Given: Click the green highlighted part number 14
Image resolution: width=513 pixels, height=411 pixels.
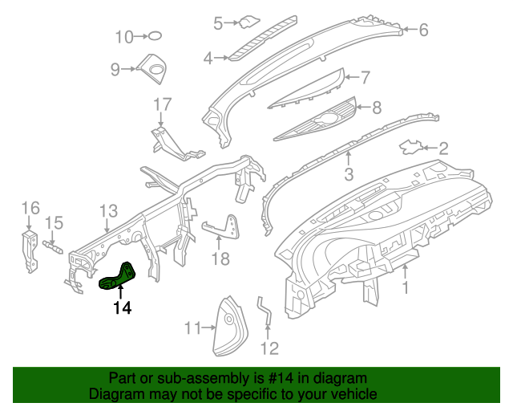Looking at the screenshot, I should [119, 276].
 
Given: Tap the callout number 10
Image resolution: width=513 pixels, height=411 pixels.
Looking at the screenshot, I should [124, 36].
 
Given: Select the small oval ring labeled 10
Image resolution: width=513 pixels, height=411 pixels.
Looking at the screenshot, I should [155, 35].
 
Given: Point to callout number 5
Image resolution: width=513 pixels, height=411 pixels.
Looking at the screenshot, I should [218, 24].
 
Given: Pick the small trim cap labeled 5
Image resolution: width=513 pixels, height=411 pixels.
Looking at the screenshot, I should [250, 22].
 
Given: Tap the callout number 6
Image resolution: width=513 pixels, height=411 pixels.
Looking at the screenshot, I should [423, 31].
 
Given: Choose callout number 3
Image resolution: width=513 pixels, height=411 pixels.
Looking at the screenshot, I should [349, 174].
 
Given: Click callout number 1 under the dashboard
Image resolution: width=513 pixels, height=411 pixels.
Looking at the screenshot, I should [406, 287].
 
